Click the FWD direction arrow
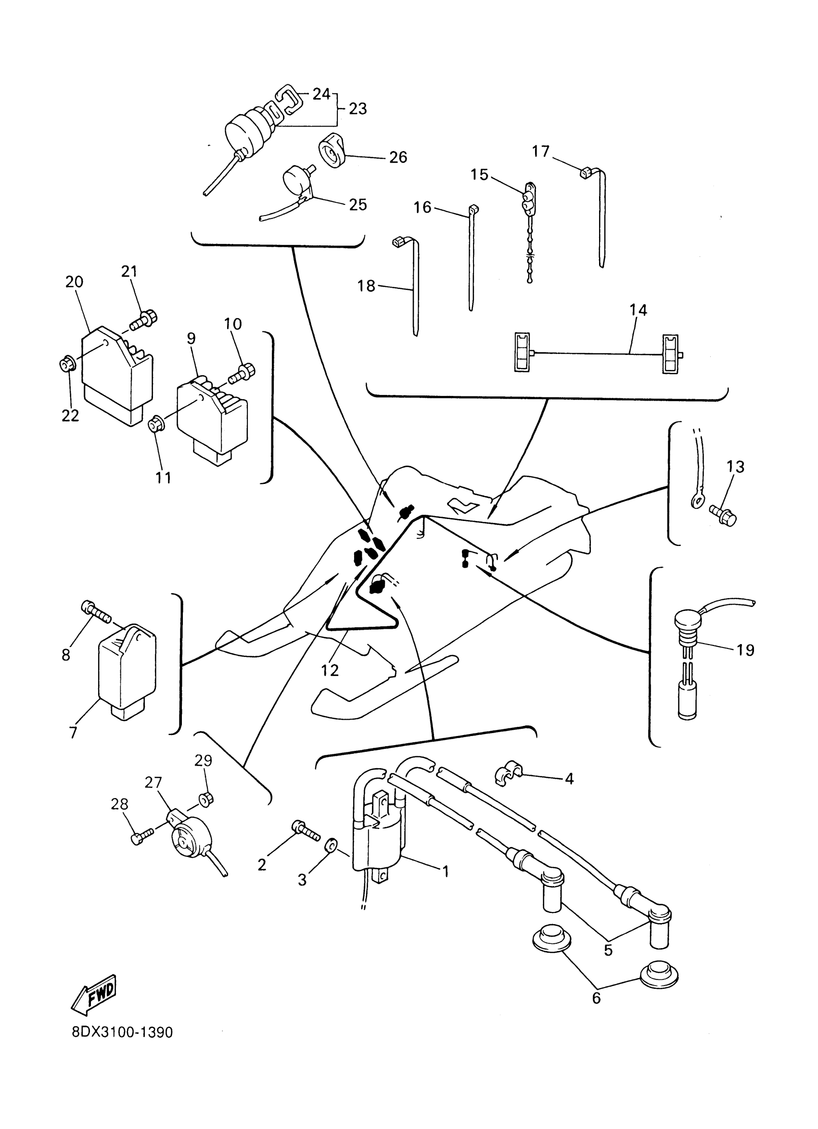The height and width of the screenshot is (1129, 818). pyautogui.click(x=94, y=994)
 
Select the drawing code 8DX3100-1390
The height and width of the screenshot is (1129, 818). pyautogui.click(x=123, y=1033)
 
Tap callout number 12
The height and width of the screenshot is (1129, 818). pyautogui.click(x=330, y=671)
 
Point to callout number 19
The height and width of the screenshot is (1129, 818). pyautogui.click(x=745, y=649)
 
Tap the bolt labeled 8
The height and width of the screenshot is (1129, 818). pyautogui.click(x=96, y=612)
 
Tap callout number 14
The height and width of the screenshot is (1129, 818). pyautogui.click(x=638, y=310)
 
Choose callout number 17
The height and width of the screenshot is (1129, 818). pyautogui.click(x=541, y=151)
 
